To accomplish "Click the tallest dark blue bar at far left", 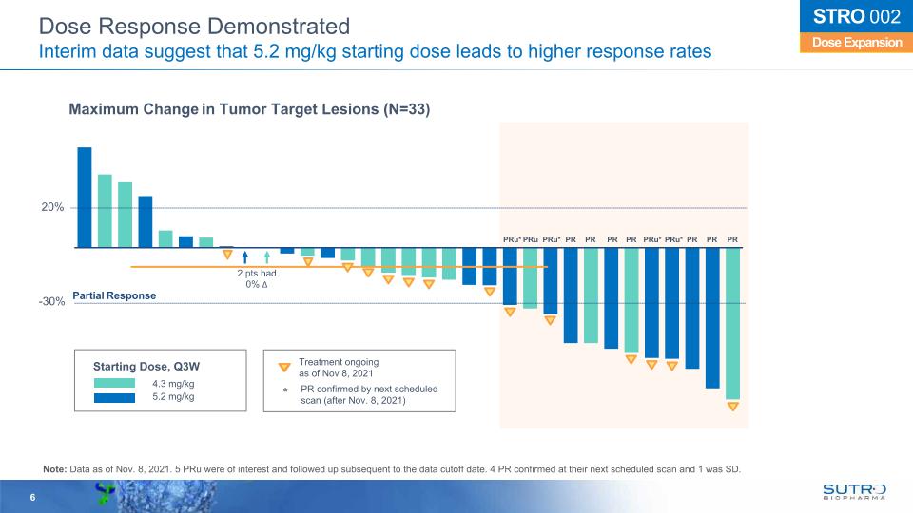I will pyautogui.click(x=84, y=197).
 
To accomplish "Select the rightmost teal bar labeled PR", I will pyautogui.click(x=732, y=323).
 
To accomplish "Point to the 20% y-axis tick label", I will pyautogui.click(x=52, y=207).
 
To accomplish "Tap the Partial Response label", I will pyautogui.click(x=113, y=295).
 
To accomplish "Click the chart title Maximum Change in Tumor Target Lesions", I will pyautogui.click(x=249, y=110).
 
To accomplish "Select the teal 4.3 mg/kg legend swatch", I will pyautogui.click(x=118, y=383).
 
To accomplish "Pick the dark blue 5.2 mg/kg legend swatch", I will pyautogui.click(x=118, y=397).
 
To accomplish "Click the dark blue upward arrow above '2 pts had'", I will pyautogui.click(x=245, y=256).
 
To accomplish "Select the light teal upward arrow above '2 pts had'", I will pyautogui.click(x=267, y=256).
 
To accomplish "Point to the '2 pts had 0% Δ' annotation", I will pyautogui.click(x=257, y=278).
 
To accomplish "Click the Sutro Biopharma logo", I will pyautogui.click(x=854, y=490).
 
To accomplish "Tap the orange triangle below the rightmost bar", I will pyautogui.click(x=732, y=407).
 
